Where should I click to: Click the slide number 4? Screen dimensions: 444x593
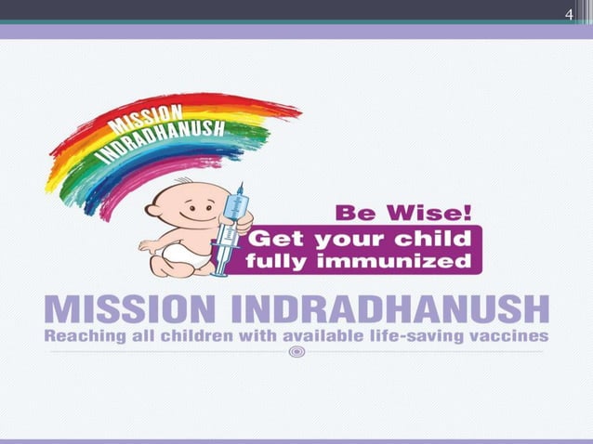coord(572,13)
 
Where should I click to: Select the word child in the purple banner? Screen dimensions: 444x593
coord(439,238)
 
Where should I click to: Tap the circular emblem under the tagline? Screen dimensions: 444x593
coord(296,352)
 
